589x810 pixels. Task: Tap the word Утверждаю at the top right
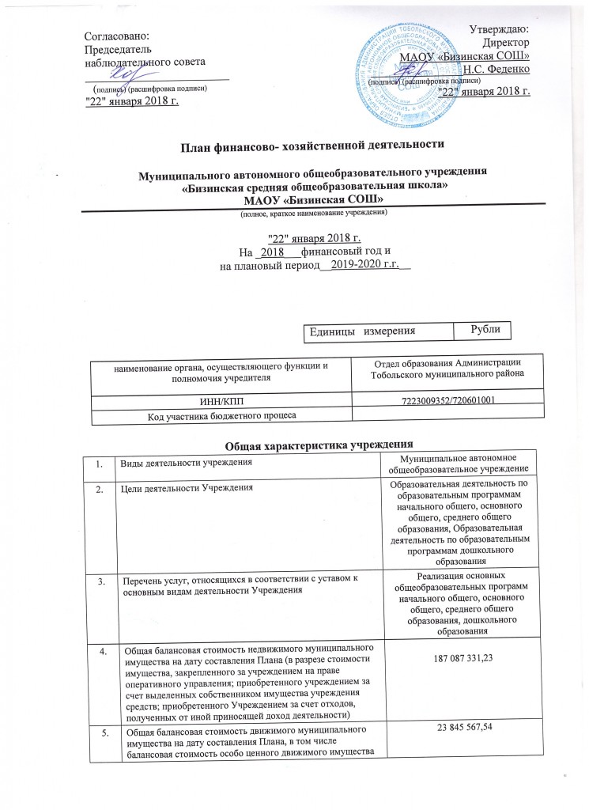[x=500, y=29]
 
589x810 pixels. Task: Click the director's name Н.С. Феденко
[x=496, y=69]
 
